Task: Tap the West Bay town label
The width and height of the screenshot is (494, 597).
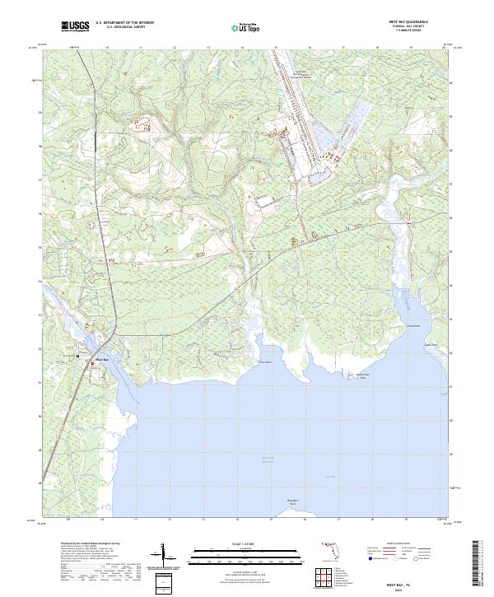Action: tap(102, 357)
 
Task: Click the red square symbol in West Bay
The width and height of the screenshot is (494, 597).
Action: tap(92, 361)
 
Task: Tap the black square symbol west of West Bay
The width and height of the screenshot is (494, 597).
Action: tap(78, 356)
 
